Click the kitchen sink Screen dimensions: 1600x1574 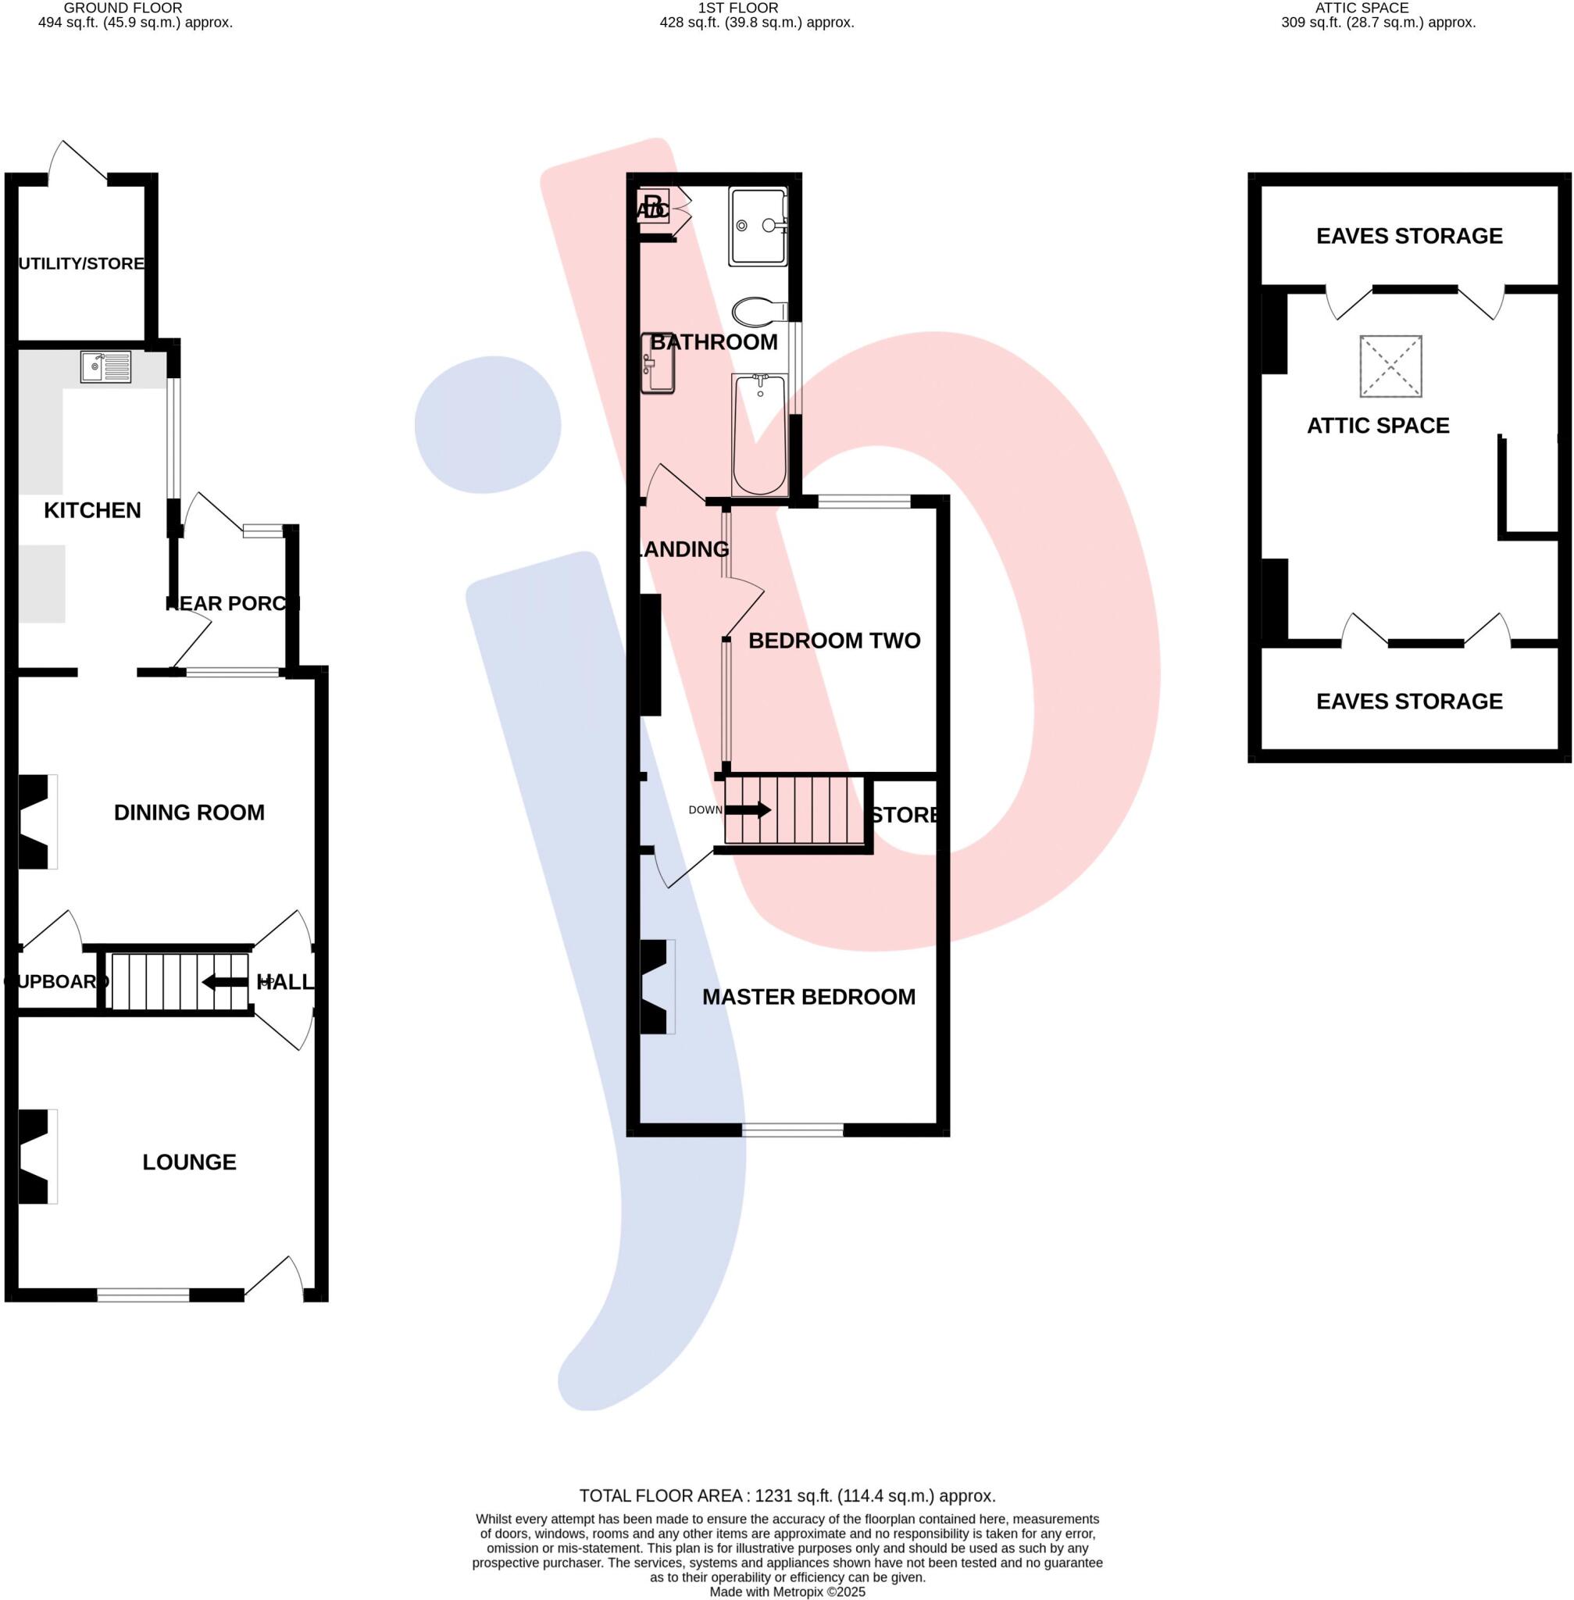tap(105, 366)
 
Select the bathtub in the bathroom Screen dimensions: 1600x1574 tap(759, 434)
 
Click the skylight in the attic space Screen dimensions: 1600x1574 tap(1390, 366)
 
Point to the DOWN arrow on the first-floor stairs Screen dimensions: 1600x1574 tap(748, 809)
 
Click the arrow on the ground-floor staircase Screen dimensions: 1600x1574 tap(225, 981)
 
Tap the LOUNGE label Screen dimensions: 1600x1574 tap(189, 1162)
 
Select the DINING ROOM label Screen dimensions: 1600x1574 tap(189, 812)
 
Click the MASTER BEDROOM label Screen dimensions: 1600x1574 tap(808, 996)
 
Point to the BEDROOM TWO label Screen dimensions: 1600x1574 tap(834, 640)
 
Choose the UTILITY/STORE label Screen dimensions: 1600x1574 tap(82, 263)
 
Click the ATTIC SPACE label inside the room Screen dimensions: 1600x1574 tap(1377, 425)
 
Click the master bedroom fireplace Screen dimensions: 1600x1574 tap(655, 987)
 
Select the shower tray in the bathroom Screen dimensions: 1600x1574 tap(757, 225)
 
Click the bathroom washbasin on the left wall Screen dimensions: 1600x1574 tap(657, 362)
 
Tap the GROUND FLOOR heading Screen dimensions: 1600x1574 tap(123, 8)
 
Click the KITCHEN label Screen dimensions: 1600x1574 tap(93, 510)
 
